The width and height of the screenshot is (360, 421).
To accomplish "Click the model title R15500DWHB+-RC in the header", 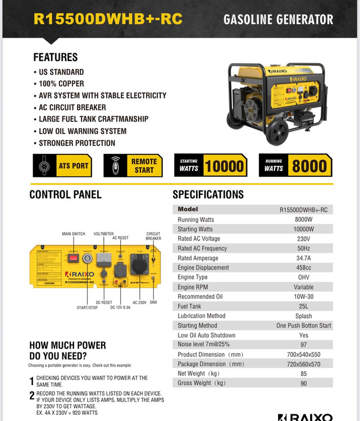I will pos(108,19).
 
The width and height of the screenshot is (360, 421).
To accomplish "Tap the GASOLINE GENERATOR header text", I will pos(278,20).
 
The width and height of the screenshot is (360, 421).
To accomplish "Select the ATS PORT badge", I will pos(62,166).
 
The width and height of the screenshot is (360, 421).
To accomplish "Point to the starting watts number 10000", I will pos(224,166).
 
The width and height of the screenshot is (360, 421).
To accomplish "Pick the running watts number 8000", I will pos(309,166).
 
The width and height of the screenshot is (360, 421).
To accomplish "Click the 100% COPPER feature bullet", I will pos(62,84).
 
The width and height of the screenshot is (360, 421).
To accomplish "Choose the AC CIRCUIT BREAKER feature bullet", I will pos(72,107).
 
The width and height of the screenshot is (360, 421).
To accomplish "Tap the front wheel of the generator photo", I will pos(277,133).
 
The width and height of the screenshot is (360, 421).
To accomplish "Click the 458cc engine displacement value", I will pos(303,268).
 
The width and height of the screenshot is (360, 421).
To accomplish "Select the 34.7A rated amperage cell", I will pos(303,258).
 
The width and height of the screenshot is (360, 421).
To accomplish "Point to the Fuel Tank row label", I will pos(189,306).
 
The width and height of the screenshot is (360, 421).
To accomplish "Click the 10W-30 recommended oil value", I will pos(303,296).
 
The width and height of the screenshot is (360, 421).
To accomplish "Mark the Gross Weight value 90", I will pos(303,383).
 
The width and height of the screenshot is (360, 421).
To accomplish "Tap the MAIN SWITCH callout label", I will pos(74,234).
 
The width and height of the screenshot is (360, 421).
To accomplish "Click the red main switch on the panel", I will pos(73,259).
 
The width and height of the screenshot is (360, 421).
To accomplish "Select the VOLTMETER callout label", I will pos(104,234).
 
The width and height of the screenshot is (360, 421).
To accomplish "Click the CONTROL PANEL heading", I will pos(65,195).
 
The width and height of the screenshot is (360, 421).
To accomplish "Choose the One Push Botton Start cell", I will pos(303,326).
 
